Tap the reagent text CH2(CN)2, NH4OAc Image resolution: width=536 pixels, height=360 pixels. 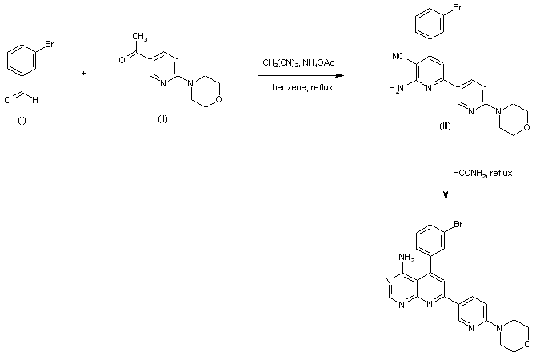(298, 62)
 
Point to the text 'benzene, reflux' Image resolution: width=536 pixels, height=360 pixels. (298, 86)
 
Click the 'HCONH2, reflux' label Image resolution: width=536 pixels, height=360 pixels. (482, 173)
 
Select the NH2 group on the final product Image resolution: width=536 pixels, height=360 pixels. (405, 258)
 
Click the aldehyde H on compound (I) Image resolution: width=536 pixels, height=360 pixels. (34, 98)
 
